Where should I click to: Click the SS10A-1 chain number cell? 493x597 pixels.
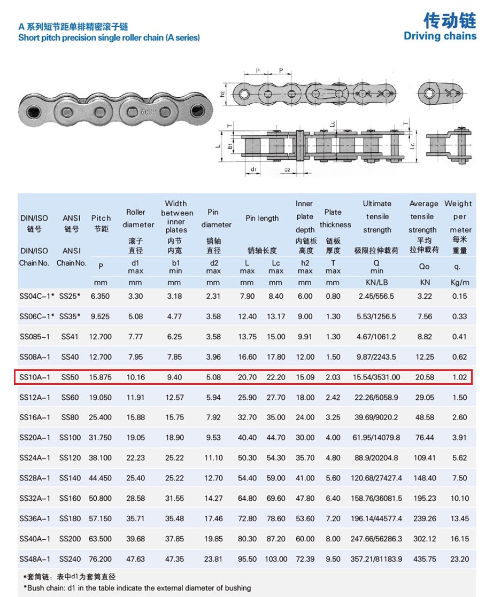point(35,377)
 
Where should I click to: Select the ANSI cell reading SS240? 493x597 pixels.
point(70,559)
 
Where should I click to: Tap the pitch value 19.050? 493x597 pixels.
point(101,398)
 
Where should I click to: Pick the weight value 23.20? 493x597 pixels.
point(459,559)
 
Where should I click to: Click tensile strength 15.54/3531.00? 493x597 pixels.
point(376,377)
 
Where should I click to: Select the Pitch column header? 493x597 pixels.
point(101,218)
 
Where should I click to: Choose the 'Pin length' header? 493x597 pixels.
point(262,218)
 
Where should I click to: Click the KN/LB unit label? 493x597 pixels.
point(376,282)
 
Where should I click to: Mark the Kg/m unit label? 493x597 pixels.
point(459,282)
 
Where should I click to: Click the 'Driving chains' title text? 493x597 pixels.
point(440,36)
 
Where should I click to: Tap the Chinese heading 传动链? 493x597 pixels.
point(449,20)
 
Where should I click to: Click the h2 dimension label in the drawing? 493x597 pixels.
point(223,94)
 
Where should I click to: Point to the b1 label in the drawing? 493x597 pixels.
point(229,145)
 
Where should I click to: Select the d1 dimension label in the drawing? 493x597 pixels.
point(253,170)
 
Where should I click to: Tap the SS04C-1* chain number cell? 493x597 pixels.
point(36,296)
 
